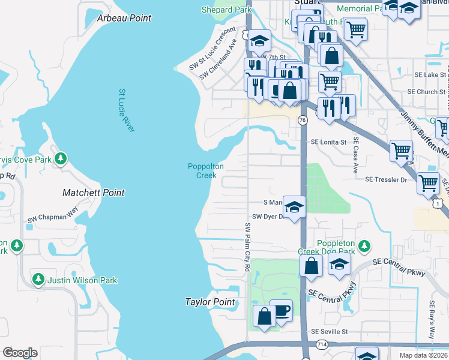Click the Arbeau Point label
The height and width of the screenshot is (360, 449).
coord(124,19)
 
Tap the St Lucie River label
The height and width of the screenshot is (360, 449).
coord(126,110)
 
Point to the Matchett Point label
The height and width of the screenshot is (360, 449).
coord(94,193)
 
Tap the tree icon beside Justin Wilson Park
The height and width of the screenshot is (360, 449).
coord(38,280)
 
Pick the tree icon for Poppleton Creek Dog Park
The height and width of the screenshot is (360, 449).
coord(364,247)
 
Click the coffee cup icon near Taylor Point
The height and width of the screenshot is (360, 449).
coord(281,311)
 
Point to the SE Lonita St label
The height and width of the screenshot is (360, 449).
coord(328,142)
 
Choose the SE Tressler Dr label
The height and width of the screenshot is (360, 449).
coord(385,179)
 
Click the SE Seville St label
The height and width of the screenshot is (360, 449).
coord(329,331)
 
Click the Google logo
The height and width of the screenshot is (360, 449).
coord(20,353)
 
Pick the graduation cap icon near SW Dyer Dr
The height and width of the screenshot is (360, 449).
coord(294,207)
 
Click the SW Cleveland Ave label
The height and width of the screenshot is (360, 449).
coord(220,55)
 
